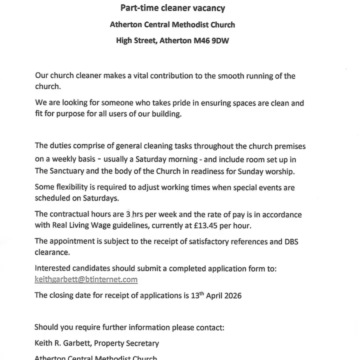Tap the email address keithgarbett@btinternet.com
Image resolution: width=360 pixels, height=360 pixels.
[86, 279]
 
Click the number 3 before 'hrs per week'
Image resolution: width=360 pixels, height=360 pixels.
[128, 214]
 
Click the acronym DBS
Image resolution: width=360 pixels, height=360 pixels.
[292, 241]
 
